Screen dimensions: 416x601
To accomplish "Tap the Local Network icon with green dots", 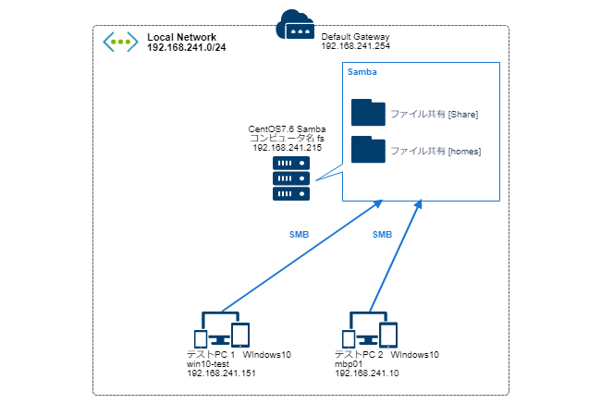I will click(120, 41).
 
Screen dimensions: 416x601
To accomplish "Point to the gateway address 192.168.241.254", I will click(357, 45).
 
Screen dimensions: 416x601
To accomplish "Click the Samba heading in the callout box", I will click(362, 71).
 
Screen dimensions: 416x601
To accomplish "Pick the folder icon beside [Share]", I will click(368, 113).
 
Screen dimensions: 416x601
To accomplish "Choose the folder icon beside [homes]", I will click(368, 150).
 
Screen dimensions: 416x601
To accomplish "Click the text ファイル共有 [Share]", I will click(434, 114).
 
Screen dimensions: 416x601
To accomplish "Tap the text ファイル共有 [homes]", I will click(435, 151).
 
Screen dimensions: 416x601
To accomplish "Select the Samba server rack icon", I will click(291, 177).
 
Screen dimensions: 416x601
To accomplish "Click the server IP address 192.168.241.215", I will click(287, 147).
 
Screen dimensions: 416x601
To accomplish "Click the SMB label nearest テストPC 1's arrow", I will click(300, 235).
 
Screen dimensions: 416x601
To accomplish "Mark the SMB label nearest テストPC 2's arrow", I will click(382, 235).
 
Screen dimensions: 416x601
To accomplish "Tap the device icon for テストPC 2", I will click(370, 330).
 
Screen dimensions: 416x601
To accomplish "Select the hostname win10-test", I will click(208, 363).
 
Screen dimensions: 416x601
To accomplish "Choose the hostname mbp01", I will click(349, 363).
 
